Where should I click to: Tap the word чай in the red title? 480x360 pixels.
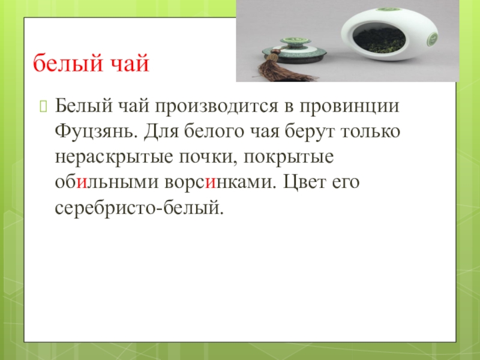(x=129, y=62)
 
